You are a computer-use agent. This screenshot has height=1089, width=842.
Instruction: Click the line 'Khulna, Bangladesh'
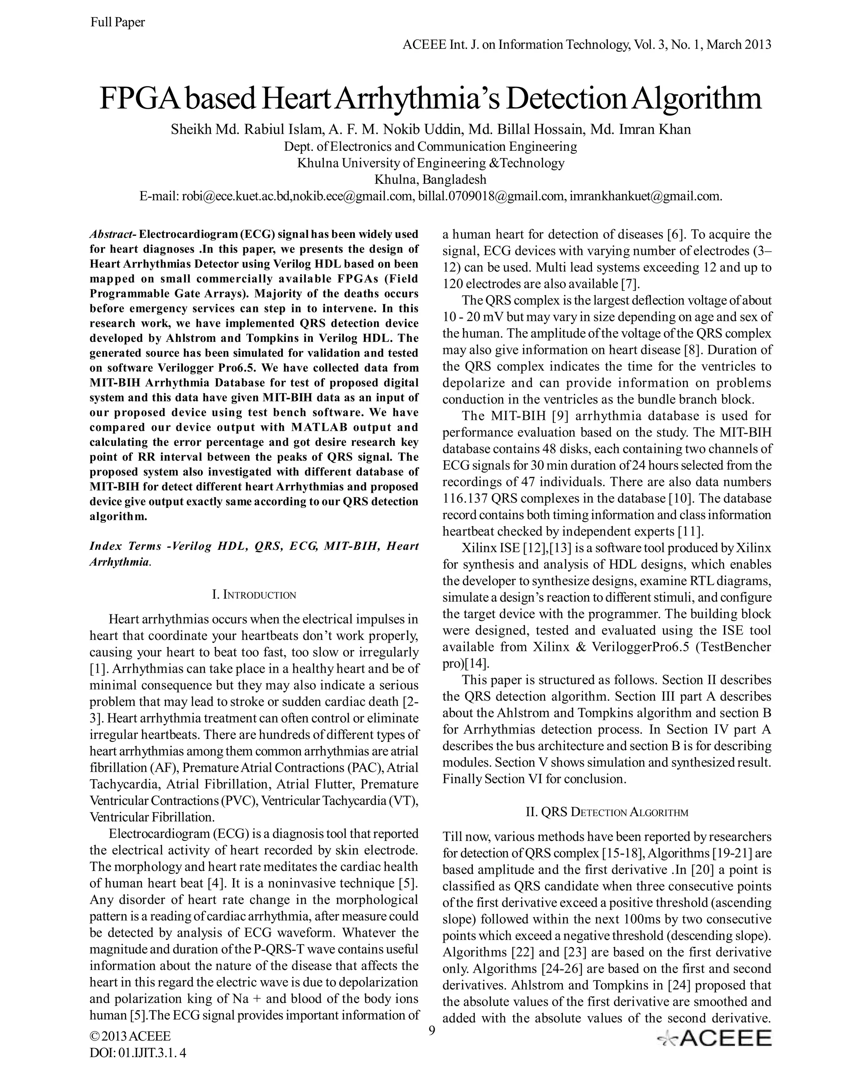pos(430,179)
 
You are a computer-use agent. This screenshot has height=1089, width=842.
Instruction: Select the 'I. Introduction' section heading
pos(254,595)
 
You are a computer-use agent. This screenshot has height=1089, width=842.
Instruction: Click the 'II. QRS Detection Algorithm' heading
pos(607,812)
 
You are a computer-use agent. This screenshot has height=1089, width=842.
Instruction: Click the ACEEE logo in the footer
pos(715,1038)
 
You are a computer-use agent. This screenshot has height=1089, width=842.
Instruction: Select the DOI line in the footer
pos(138,1052)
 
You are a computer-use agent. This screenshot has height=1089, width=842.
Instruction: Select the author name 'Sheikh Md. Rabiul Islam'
pos(246,129)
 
